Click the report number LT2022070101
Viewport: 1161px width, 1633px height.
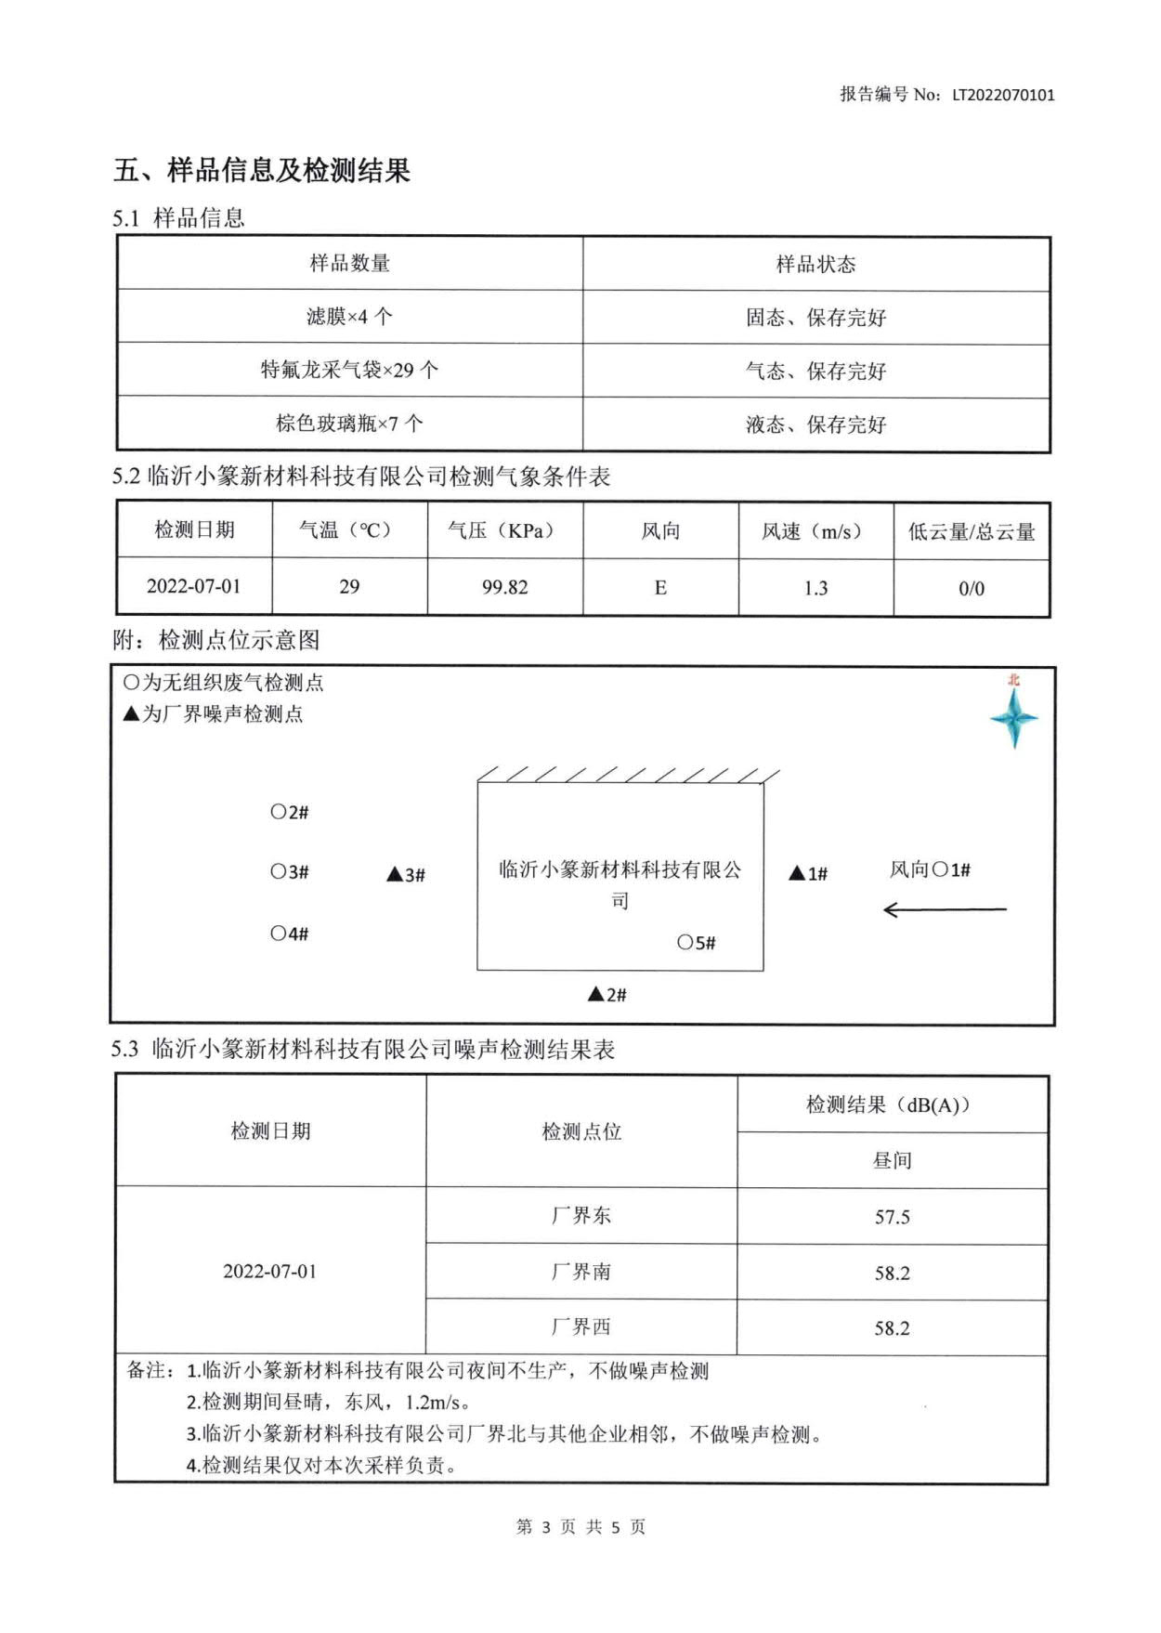1003,95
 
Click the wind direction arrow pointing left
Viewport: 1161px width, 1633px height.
944,909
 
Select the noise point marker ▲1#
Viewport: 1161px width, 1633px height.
808,873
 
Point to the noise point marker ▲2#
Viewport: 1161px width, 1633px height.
607,995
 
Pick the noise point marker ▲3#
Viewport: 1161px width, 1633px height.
406,875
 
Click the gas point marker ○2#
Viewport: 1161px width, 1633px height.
289,813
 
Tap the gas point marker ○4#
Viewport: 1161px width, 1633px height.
289,934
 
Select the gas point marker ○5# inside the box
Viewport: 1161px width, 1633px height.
696,943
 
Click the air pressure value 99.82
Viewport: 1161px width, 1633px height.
504,588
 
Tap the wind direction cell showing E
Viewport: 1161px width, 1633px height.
660,588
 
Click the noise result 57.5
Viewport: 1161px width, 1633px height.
892,1217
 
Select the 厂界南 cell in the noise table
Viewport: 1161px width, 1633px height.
581,1272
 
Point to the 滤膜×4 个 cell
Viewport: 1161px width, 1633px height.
349,317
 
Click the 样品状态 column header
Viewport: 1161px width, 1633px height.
815,265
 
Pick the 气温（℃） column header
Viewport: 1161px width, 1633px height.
349,530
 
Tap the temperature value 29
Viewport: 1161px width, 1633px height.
349,587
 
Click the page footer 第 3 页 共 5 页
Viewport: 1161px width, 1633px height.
580,1527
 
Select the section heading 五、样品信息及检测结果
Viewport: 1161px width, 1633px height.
262,171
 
